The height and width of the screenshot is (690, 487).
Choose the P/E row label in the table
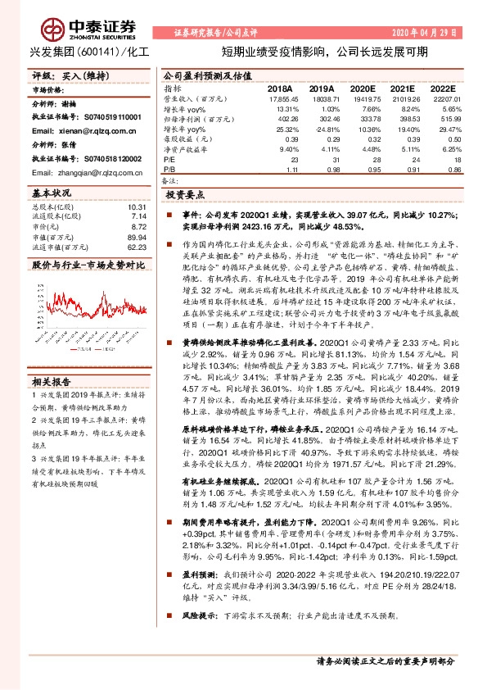tap(170, 161)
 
